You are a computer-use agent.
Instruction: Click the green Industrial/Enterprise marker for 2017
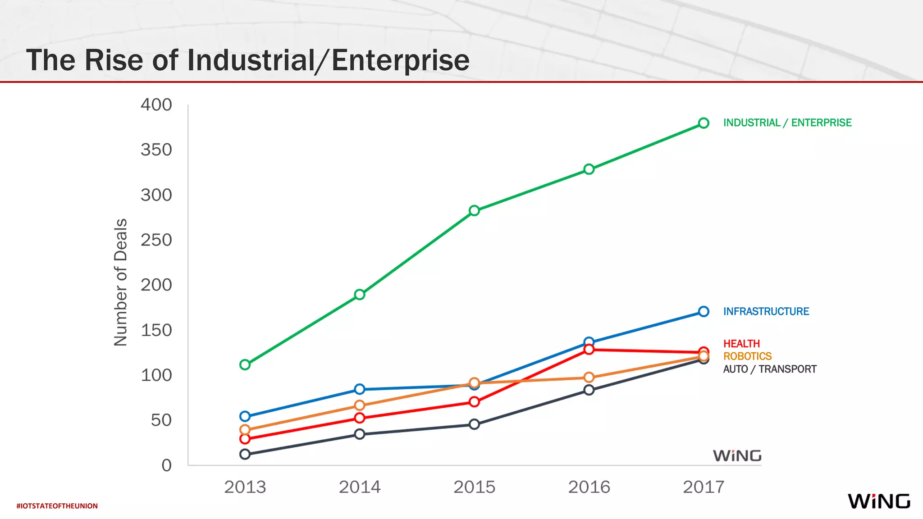[704, 123]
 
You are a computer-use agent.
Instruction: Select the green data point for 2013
[245, 364]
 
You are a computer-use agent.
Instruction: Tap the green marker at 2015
[474, 210]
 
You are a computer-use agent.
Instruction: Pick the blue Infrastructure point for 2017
[704, 311]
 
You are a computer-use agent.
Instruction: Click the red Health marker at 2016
[589, 350]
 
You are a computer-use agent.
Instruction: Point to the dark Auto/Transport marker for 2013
[245, 454]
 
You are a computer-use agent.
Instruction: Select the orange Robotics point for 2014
[360, 405]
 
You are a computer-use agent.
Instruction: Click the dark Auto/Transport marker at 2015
[474, 424]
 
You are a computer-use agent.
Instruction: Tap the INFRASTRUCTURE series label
[766, 311]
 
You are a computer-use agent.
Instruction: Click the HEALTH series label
[741, 344]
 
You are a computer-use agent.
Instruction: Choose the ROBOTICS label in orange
[747, 356]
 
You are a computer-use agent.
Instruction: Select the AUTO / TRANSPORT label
[769, 369]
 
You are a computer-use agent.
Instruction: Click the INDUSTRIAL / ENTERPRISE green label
[787, 123]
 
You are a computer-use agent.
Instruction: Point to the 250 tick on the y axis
[156, 240]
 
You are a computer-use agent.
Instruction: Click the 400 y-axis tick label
[156, 105]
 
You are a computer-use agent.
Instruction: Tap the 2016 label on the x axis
[589, 487]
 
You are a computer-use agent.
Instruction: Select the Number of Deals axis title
[121, 282]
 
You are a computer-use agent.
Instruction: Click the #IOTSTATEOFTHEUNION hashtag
[57, 506]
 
